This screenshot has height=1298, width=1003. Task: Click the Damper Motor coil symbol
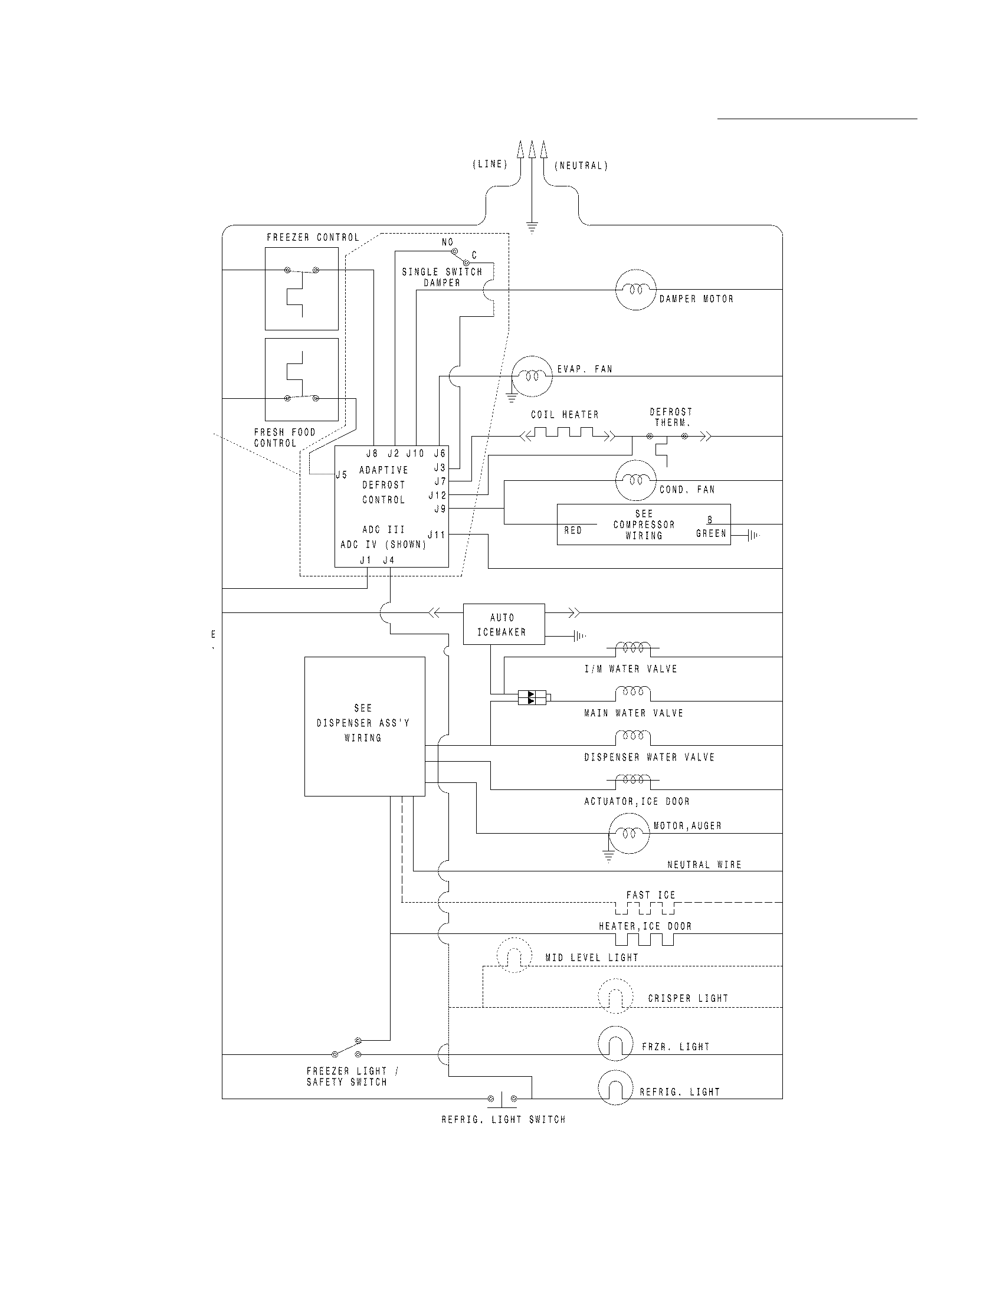pyautogui.click(x=635, y=290)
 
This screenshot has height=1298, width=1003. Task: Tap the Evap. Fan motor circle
pyautogui.click(x=532, y=376)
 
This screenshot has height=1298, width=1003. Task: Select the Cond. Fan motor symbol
pyautogui.click(x=635, y=480)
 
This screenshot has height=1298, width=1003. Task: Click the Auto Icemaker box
pyautogui.click(x=503, y=624)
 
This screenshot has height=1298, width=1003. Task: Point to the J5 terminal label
pyautogui.click(x=342, y=475)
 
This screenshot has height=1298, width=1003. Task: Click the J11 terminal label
pyautogui.click(x=437, y=535)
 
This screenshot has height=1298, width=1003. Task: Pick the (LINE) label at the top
pyautogui.click(x=490, y=165)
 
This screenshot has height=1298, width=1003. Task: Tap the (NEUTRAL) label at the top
pyautogui.click(x=581, y=166)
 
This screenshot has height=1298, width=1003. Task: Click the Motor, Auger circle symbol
pyautogui.click(x=629, y=833)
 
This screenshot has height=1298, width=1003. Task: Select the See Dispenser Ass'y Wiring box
pyautogui.click(x=364, y=726)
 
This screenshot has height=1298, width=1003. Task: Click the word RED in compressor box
pyautogui.click(x=573, y=530)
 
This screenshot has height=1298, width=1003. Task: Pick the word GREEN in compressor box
pyautogui.click(x=711, y=534)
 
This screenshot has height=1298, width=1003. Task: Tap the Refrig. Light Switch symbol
pyautogui.click(x=502, y=1099)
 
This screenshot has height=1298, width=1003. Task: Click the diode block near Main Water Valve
pyautogui.click(x=532, y=697)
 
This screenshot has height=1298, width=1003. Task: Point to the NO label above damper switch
pyautogui.click(x=447, y=242)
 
